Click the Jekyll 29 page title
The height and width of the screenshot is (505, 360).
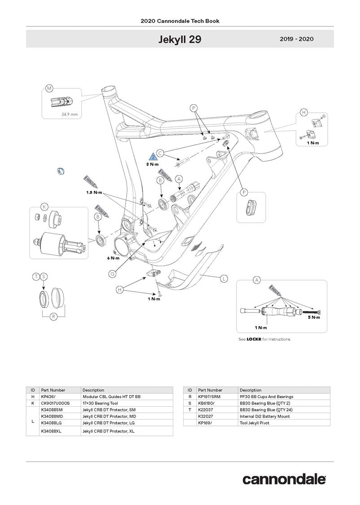pos(180,40)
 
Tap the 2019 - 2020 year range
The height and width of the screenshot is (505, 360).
pos(296,39)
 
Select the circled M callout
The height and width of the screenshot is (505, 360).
pos(49,88)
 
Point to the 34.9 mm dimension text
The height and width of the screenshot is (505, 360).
pos(70,114)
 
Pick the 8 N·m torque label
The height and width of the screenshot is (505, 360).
pos(153,164)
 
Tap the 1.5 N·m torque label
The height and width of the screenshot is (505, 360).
pos(94,192)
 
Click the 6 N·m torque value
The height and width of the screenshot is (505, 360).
pos(113,258)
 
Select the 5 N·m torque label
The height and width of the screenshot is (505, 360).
pos(314,317)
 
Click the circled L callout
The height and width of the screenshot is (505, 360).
pos(224,279)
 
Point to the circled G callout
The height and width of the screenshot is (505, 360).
pos(113,273)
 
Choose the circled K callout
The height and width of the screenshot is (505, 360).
pos(44,207)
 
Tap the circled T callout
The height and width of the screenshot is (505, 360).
pos(35,277)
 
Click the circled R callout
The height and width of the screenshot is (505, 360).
pos(53,317)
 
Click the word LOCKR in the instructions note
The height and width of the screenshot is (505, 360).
pos(254,339)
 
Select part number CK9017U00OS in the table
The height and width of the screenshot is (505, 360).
pos(55,403)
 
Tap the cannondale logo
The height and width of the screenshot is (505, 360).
pos(284,479)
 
